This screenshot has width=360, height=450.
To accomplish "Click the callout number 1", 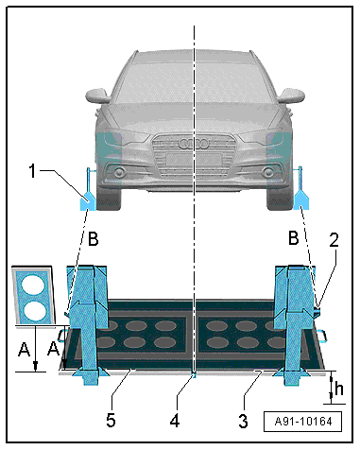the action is [x=32, y=171].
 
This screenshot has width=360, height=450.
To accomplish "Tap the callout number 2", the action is [x=334, y=240].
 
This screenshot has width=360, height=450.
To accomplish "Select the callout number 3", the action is [x=243, y=421].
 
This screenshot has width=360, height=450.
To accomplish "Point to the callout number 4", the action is [x=175, y=421].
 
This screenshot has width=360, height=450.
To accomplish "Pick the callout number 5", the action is [x=111, y=421].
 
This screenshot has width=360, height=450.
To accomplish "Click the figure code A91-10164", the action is [x=303, y=422].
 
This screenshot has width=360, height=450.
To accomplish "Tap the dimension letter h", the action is [x=339, y=389].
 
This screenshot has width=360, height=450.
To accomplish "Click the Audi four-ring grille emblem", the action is [x=194, y=144].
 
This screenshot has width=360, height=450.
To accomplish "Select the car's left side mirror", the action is [x=98, y=95].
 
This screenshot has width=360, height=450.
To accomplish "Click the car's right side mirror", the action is [x=291, y=95].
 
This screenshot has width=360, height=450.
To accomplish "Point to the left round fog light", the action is [x=119, y=172].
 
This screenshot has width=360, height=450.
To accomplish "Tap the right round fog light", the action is [x=268, y=172].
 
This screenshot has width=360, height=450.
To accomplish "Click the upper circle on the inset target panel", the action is [x=32, y=285].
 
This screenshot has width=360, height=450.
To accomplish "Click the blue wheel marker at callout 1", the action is [x=87, y=200].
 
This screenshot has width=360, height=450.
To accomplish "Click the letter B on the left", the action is [x=93, y=239].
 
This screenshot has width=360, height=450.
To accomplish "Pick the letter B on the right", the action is [x=294, y=238].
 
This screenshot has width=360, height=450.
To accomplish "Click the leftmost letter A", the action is [x=25, y=350].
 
